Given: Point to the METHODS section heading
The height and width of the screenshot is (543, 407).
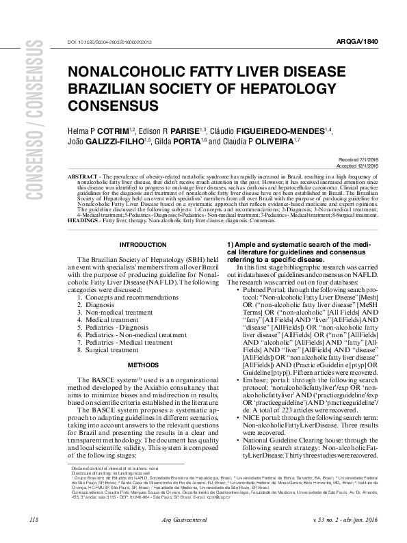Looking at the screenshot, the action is (143, 365).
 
